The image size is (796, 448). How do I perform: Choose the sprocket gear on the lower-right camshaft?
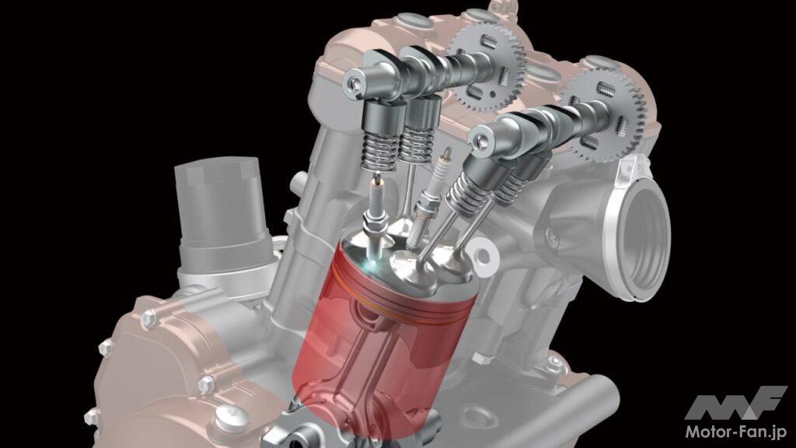[x=606, y=114]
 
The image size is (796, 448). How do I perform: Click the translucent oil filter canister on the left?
[x=218, y=213]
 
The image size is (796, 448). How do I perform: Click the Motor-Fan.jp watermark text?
[x=736, y=432]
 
